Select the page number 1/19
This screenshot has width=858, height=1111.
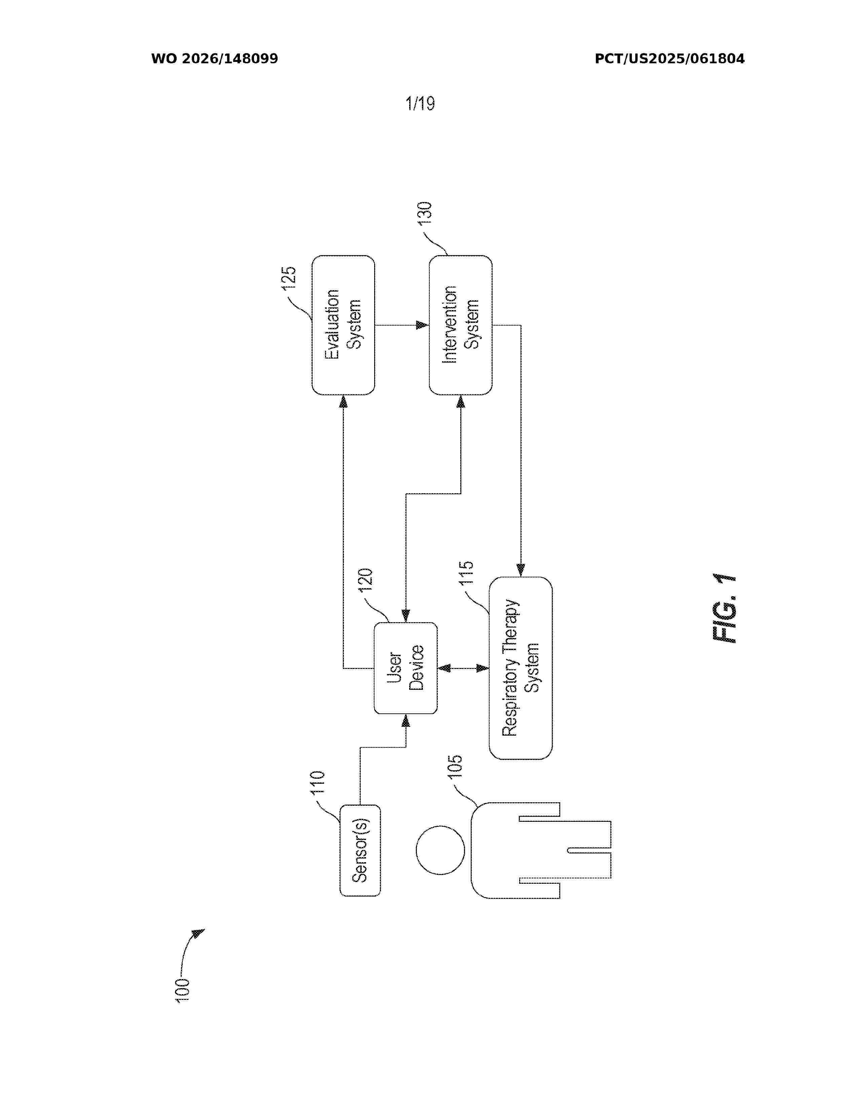click(420, 103)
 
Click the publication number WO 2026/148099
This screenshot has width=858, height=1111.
click(215, 59)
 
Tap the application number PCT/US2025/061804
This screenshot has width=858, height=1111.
click(670, 59)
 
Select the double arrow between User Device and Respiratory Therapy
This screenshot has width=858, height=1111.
click(463, 668)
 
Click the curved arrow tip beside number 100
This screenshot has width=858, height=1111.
click(204, 929)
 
